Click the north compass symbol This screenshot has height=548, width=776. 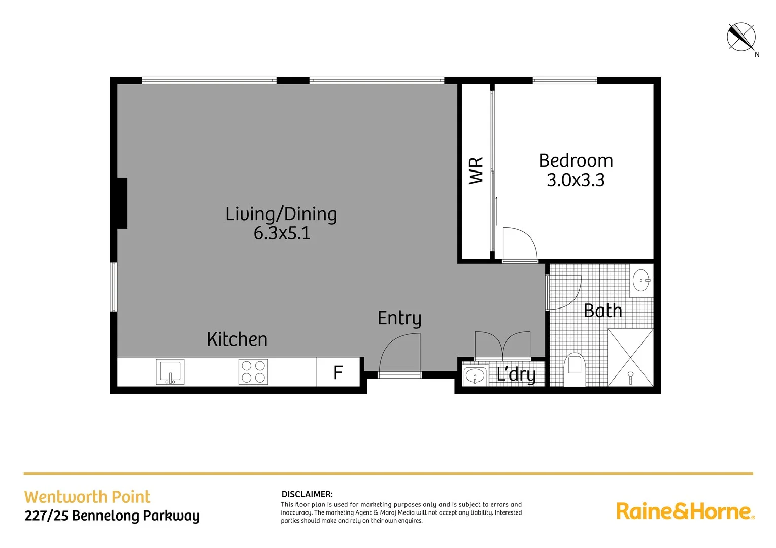coord(741,37)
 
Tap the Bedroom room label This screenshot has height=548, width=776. coord(576,161)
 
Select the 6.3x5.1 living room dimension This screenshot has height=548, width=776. coord(282,233)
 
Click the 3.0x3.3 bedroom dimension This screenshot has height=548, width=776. coord(576,180)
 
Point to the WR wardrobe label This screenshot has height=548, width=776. coord(476,170)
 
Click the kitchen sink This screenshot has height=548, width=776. coord(170,372)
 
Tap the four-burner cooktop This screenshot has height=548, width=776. coord(253,371)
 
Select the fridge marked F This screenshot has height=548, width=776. coord(338,372)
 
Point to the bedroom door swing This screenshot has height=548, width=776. coord(519,245)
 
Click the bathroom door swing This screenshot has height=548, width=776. coord(564,292)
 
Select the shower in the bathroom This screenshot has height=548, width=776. coord(630,357)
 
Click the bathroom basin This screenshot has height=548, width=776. coord(642,280)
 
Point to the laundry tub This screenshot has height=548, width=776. coord(475,376)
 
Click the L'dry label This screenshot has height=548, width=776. coord(516,374)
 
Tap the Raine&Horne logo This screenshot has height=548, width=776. coord(685,511)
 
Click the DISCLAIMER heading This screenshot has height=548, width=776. coord(307,494)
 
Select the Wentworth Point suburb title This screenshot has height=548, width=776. coord(87,497)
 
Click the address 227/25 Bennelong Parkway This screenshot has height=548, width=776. coord(112,516)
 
